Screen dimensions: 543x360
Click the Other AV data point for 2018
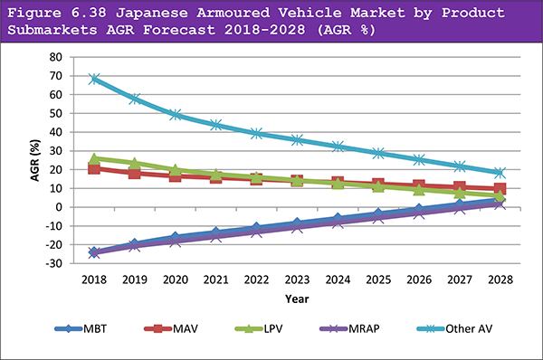coord(94,79)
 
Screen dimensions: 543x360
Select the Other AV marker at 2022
coord(257,133)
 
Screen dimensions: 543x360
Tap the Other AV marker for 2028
coord(500,173)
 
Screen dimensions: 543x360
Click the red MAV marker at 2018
coord(94,168)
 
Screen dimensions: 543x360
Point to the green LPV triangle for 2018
coord(94,159)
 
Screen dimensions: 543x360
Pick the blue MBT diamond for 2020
coord(176,237)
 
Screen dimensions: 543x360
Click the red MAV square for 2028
coord(500,189)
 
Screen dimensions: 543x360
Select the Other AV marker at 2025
coord(378,153)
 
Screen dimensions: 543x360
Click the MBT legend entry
coord(81,328)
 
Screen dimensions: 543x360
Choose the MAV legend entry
coord(171,328)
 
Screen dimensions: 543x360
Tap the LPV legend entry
coord(259,328)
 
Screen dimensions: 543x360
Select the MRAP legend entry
coord(349,328)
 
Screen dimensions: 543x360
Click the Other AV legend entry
coord(454,328)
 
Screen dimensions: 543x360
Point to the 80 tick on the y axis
coord(55,57)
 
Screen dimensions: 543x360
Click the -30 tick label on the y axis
coord(53,263)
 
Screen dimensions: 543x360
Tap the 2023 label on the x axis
coord(297,279)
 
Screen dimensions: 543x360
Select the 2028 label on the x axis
coord(500,279)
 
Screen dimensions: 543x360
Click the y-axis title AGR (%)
coord(35,160)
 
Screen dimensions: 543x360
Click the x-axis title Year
coord(297,298)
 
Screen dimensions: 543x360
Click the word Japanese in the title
coord(152,13)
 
